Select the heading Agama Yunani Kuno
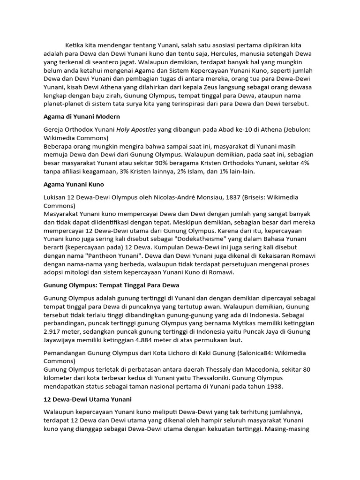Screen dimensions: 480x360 pos(74,184)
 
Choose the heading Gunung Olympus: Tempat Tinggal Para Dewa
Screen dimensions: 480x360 pos(112,285)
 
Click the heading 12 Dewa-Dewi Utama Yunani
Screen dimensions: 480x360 pos(88,399)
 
